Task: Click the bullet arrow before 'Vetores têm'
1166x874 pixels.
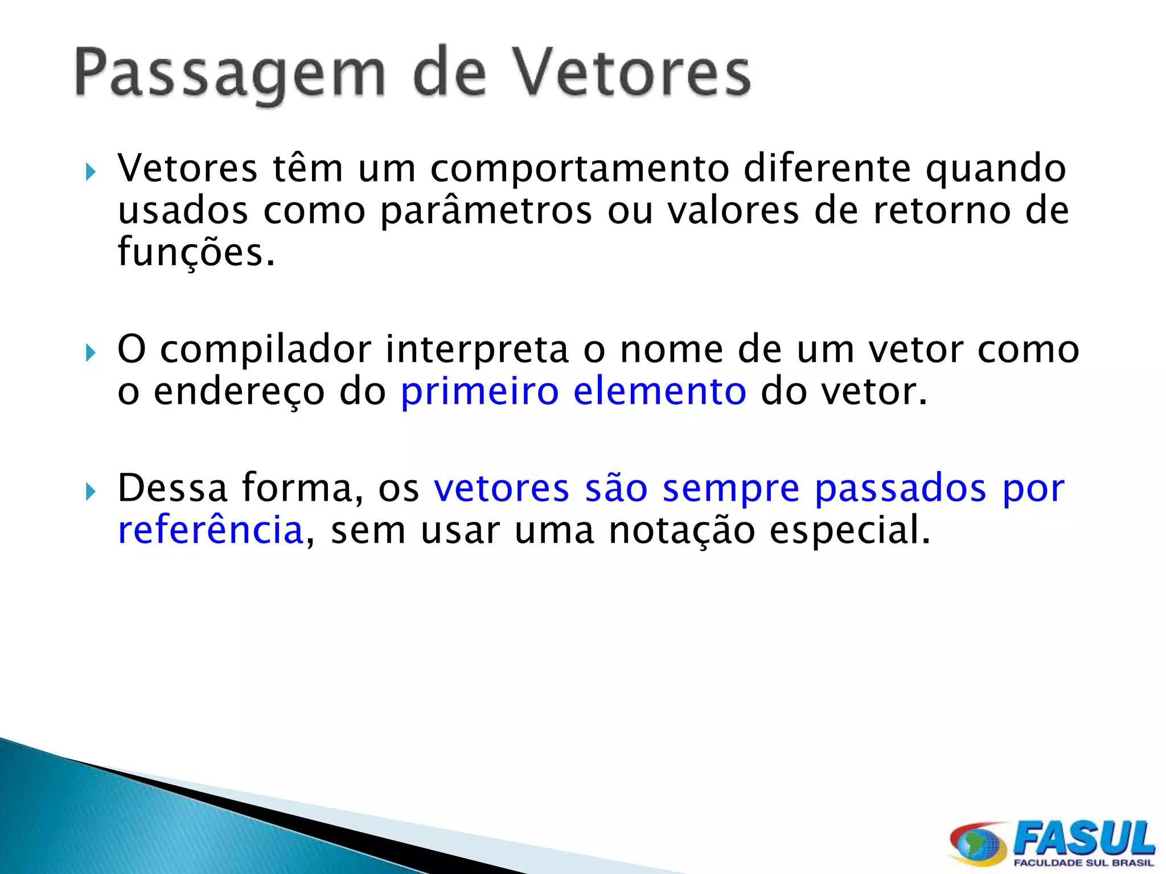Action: click(x=91, y=171)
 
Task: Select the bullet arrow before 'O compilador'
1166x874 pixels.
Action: click(x=91, y=352)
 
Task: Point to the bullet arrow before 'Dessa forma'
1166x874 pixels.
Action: click(x=91, y=491)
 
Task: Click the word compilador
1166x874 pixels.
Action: click(x=265, y=349)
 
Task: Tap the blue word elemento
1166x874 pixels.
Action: click(x=659, y=392)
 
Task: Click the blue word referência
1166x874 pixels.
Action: click(x=210, y=530)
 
